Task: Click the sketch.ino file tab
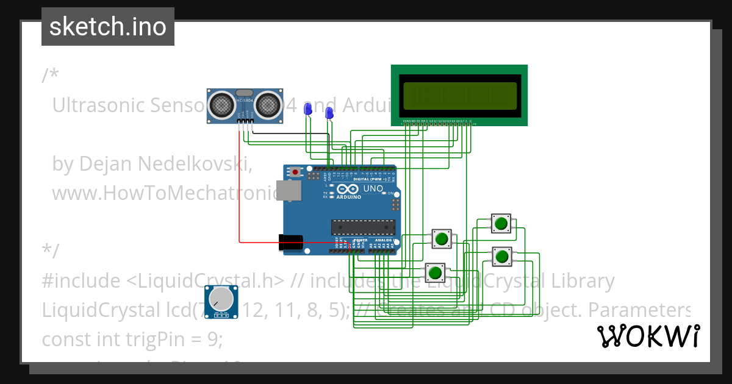click(107, 27)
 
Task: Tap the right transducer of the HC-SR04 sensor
click(268, 104)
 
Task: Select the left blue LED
click(308, 108)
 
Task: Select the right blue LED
click(329, 113)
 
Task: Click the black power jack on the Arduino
click(290, 243)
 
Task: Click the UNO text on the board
click(373, 189)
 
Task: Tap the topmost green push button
click(501, 223)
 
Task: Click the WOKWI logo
click(648, 336)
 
